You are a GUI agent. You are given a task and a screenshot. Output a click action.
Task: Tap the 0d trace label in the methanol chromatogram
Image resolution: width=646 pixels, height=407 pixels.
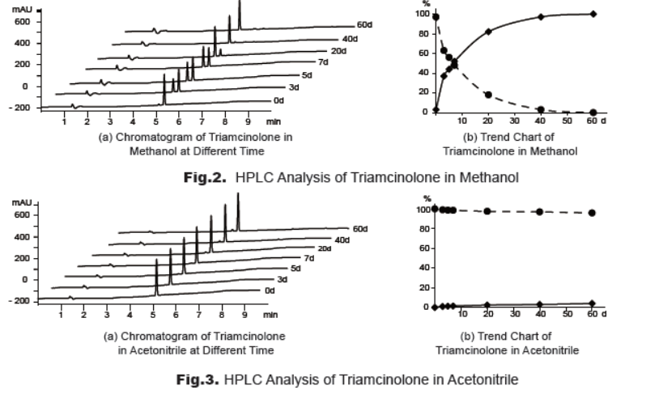tap(300, 100)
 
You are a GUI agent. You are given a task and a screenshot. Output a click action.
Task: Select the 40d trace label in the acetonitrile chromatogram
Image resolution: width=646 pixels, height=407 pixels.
tap(342, 240)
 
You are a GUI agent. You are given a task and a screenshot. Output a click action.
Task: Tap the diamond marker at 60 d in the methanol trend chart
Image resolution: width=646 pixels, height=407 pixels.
tap(593, 14)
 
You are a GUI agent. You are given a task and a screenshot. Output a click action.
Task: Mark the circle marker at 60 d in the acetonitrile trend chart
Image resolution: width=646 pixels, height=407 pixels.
tap(593, 213)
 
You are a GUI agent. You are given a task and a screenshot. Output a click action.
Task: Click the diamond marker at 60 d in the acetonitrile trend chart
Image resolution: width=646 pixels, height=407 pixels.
tap(593, 303)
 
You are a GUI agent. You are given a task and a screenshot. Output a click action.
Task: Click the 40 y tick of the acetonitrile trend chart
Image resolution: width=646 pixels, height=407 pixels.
tap(423, 268)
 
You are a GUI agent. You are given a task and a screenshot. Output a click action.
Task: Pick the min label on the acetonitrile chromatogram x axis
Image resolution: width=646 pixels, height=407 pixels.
tap(270, 315)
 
